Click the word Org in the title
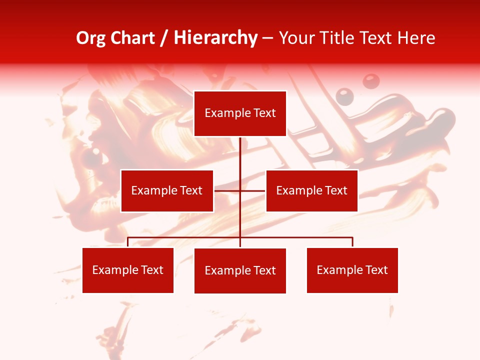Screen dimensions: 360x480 [90, 38]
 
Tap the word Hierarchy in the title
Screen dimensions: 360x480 [215, 38]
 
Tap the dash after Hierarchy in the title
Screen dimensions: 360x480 [267, 38]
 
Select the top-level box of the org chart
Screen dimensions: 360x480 [240, 113]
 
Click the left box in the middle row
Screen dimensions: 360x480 [167, 190]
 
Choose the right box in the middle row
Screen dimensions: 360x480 [312, 190]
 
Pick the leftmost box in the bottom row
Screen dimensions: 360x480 [128, 270]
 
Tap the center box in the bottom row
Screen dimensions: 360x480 [240, 270]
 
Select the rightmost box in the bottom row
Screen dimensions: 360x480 [352, 270]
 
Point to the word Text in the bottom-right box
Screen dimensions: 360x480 [376, 270]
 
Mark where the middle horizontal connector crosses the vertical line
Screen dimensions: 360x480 [240, 190]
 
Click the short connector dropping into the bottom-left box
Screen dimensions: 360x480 [128, 242]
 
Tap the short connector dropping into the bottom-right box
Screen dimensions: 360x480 [352, 242]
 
